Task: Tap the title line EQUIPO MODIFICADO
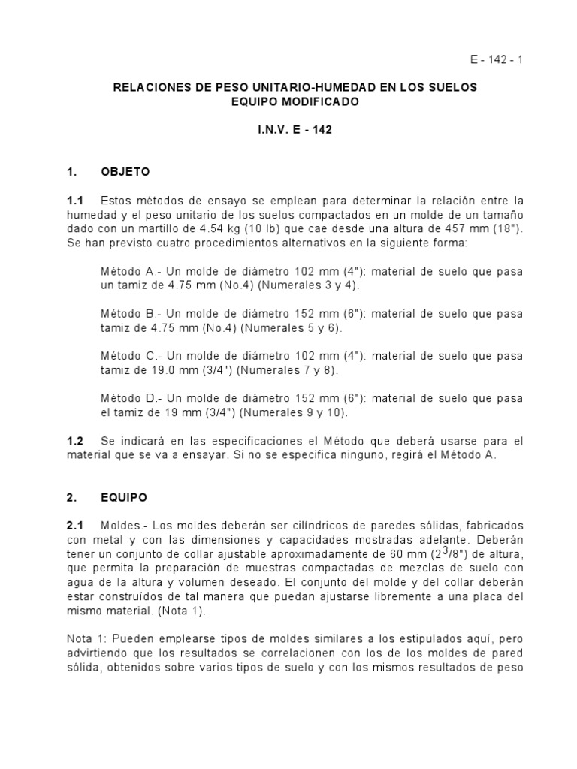[x=295, y=101]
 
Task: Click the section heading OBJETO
[x=125, y=172]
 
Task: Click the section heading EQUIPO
[x=124, y=497]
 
